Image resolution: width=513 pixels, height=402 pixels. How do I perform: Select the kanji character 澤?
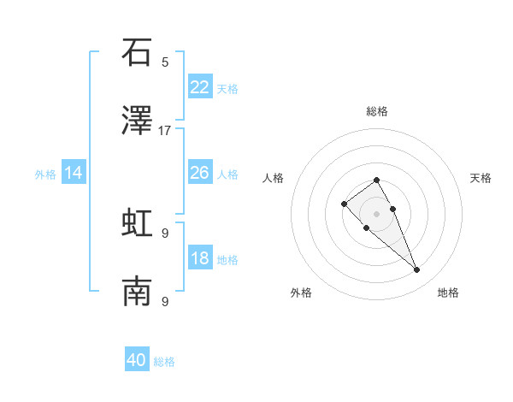click(x=137, y=121)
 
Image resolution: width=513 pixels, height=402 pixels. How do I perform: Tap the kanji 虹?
click(x=137, y=224)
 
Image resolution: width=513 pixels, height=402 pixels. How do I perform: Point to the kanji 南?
click(x=137, y=293)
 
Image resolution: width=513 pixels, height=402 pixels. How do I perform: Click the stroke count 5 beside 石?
click(x=165, y=62)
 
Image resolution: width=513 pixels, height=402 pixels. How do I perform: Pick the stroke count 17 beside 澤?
click(x=165, y=130)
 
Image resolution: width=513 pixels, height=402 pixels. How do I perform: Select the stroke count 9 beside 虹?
click(x=165, y=233)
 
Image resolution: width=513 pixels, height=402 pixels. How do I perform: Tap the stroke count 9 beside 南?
click(x=165, y=301)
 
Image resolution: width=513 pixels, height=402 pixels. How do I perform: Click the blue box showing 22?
click(x=200, y=87)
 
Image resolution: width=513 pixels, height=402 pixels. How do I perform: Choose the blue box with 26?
click(x=200, y=173)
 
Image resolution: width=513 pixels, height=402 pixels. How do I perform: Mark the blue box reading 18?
click(x=200, y=258)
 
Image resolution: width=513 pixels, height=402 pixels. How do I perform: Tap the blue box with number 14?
click(x=74, y=173)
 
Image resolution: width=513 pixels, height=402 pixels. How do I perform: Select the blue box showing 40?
click(x=137, y=360)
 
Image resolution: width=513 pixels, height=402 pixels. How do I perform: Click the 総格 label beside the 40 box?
click(x=164, y=362)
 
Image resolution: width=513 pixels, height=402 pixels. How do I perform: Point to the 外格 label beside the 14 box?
click(x=45, y=174)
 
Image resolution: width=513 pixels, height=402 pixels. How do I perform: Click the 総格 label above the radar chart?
click(x=377, y=111)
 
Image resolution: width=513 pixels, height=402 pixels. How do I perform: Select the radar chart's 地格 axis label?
click(x=448, y=293)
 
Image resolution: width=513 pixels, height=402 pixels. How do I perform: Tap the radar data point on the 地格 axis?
click(x=416, y=270)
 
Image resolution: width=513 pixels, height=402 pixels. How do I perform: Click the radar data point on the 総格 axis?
click(x=376, y=180)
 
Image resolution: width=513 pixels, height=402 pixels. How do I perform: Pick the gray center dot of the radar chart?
click(x=376, y=214)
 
